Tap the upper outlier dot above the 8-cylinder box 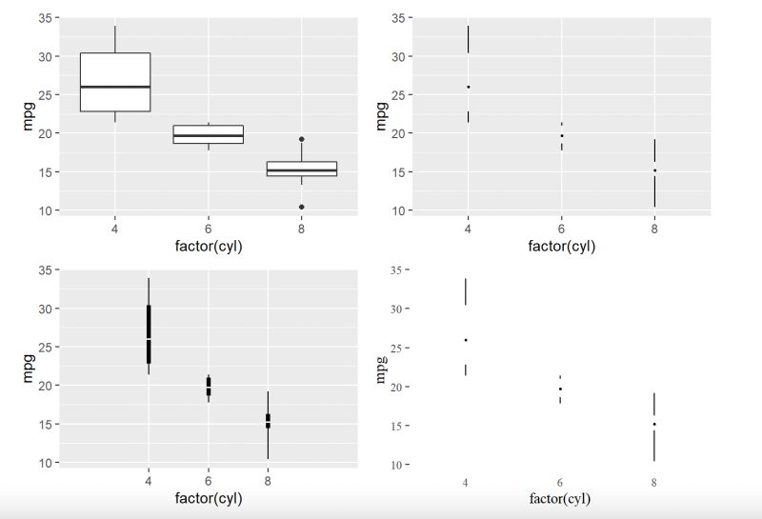[x=301, y=139]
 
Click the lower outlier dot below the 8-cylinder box [x=301, y=207]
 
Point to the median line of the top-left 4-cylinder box [x=114, y=87]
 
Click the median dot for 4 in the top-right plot [x=468, y=87]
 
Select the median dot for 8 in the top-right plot [x=654, y=170]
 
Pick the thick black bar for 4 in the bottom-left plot [x=149, y=333]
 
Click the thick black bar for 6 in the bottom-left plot [x=209, y=386]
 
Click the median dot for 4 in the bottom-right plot [x=466, y=340]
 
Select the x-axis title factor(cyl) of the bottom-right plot [x=560, y=499]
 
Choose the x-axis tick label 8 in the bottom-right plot [x=654, y=483]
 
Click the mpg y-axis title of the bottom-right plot [x=381, y=369]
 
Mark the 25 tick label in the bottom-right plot [x=400, y=348]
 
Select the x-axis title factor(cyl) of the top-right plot [x=561, y=247]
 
